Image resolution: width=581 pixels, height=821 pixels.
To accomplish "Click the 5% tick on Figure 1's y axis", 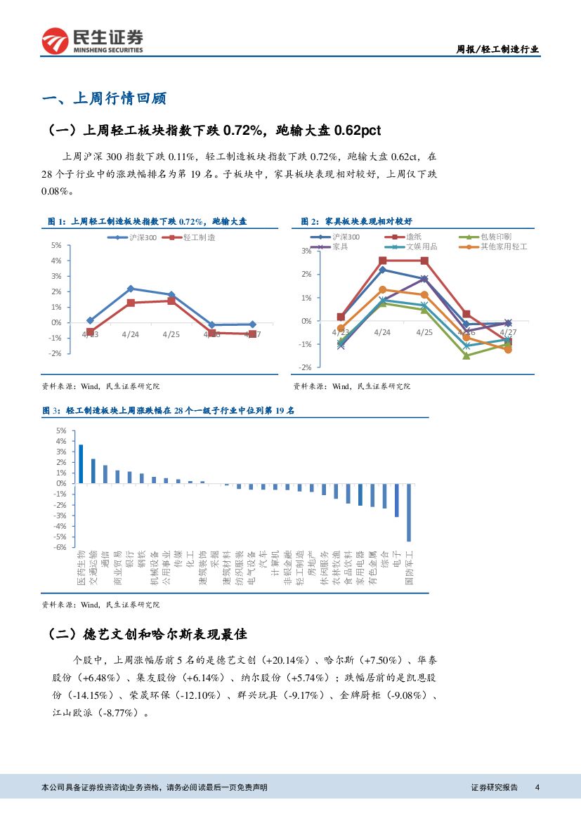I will tap(56, 245).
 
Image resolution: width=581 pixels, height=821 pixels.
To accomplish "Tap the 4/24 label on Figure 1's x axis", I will tap(131, 334).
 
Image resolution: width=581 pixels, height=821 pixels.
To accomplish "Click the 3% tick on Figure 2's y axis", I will tap(306, 251).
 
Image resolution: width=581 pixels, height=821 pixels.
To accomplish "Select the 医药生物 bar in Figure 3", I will tap(81, 464).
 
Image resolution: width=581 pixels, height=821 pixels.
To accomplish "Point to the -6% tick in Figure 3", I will tap(60, 547).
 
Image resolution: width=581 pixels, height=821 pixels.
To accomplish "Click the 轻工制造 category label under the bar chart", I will tap(300, 568).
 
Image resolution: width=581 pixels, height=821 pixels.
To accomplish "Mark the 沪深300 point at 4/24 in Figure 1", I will tap(131, 289).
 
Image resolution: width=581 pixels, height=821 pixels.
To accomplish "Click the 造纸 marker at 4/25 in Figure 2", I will tap(424, 261).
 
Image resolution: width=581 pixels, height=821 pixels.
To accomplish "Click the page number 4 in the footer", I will tap(537, 787).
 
